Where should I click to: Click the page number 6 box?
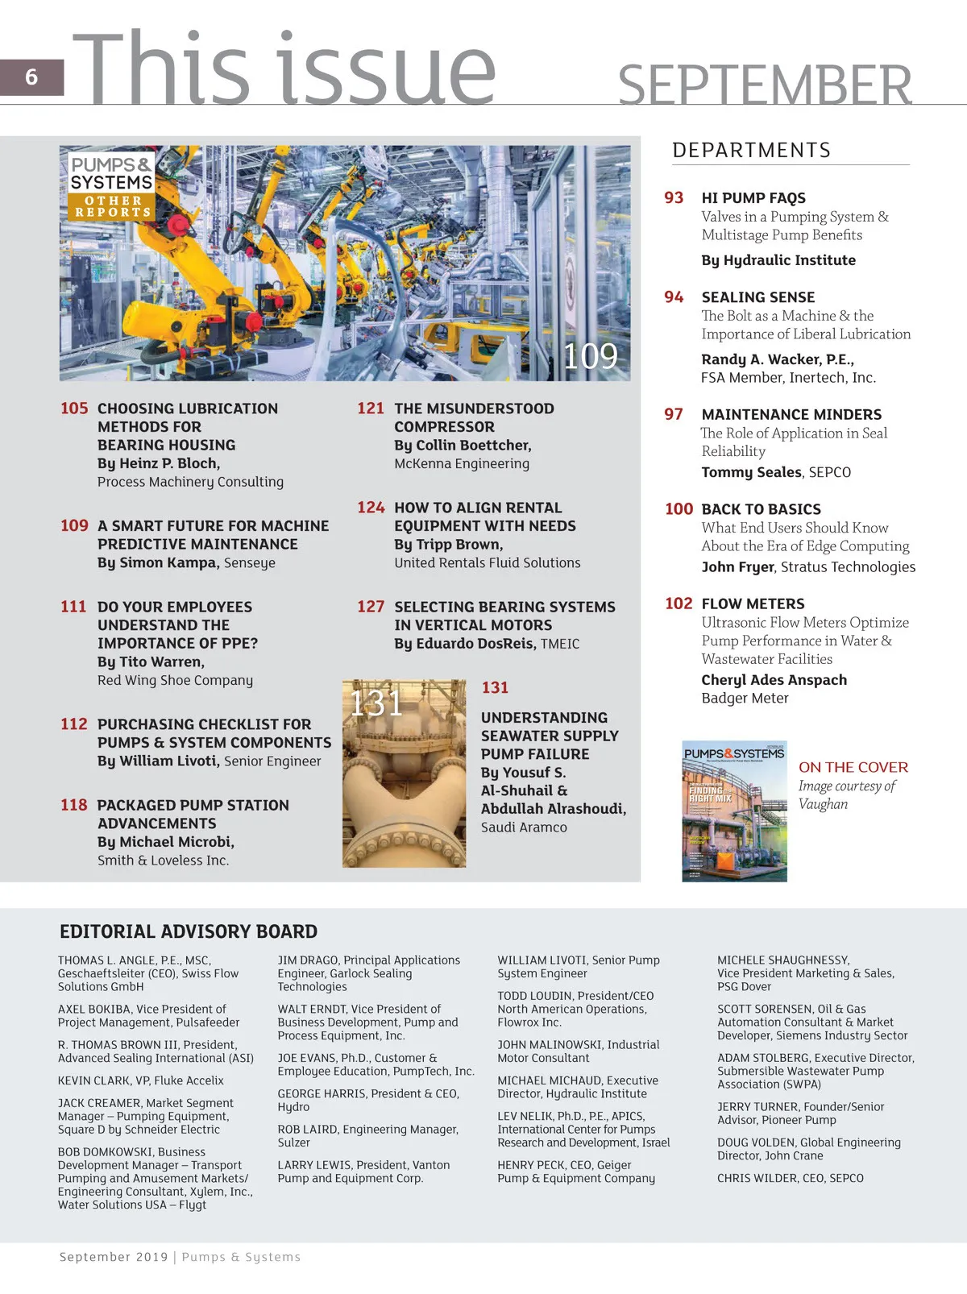(x=31, y=77)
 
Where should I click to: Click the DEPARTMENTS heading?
(x=751, y=151)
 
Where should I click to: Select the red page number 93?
(x=674, y=198)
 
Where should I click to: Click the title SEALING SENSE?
(x=757, y=297)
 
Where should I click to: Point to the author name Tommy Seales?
(x=751, y=472)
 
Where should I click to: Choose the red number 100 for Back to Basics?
(x=679, y=509)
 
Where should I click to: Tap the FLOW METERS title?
(x=753, y=603)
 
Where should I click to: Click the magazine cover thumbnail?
(x=734, y=811)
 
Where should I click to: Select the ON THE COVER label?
(x=853, y=767)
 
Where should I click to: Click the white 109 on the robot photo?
(x=590, y=356)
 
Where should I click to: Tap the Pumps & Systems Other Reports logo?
(x=111, y=186)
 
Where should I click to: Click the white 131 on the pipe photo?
(x=376, y=703)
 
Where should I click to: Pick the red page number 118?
(x=73, y=805)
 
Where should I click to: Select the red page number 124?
(x=371, y=508)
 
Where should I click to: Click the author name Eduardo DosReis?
(x=475, y=644)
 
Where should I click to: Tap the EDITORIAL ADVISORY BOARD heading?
(x=189, y=931)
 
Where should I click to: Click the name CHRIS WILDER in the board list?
(x=756, y=1178)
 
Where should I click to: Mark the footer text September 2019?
(x=114, y=1257)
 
